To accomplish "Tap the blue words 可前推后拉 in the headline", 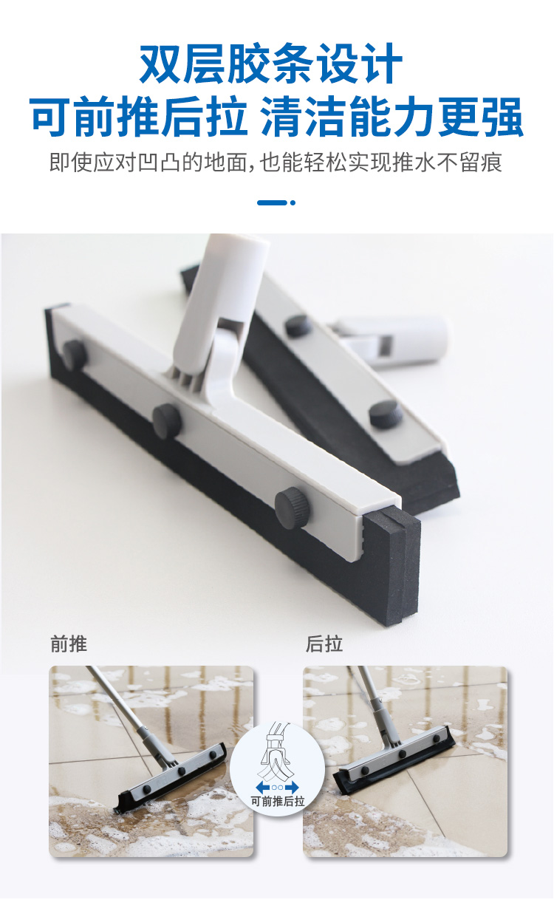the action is tap(139, 116).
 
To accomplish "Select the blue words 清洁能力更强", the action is tap(391, 116).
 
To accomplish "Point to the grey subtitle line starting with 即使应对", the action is tap(276, 163).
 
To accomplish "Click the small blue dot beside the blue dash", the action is tap(293, 202).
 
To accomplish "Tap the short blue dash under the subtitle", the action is tap(272, 202).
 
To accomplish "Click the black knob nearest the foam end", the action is tap(292, 508).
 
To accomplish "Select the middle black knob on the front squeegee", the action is tap(167, 421).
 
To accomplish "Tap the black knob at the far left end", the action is tap(75, 356).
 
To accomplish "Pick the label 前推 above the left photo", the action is tap(69, 644).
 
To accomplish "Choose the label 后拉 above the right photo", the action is tap(324, 644).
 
